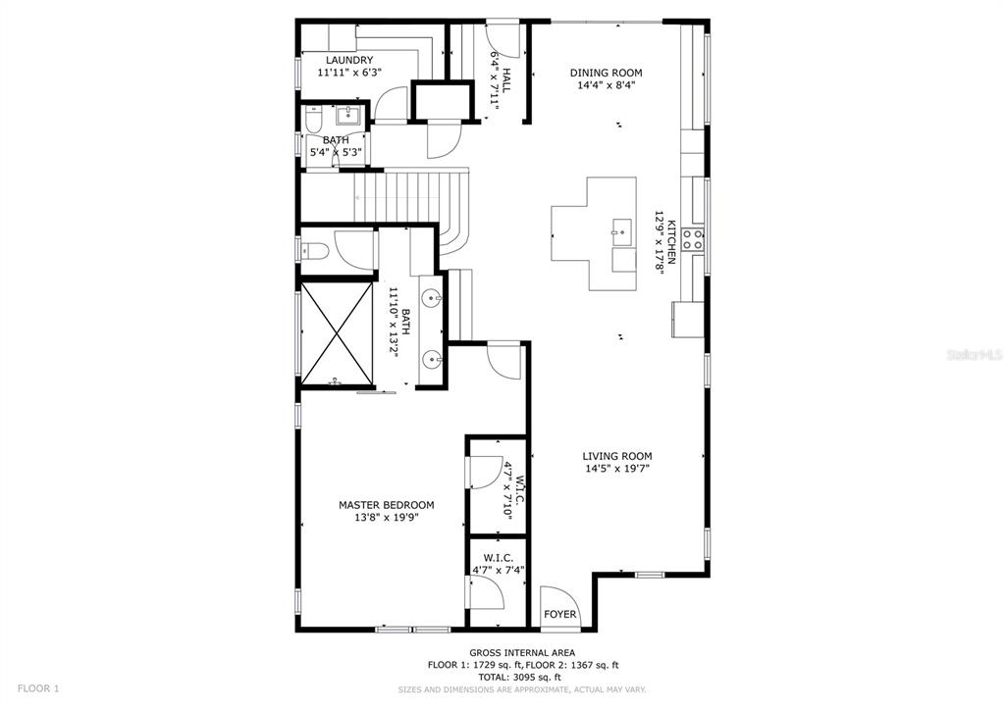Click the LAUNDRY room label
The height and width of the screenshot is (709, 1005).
pos(349,60)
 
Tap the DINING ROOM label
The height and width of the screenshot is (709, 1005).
pos(606,73)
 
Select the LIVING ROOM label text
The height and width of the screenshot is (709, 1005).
pos(616,456)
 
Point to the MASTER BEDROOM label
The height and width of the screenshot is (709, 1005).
pos(386,505)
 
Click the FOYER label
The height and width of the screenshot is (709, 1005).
pos(561,615)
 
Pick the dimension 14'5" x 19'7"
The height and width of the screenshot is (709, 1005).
pos(616,469)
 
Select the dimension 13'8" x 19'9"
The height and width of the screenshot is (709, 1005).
pos(386,518)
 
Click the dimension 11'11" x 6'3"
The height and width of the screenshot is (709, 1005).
pos(349,73)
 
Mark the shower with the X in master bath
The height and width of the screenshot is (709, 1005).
pos(337,334)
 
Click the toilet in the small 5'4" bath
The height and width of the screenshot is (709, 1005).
pos(313,121)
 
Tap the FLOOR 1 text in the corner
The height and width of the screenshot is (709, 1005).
pos(38,688)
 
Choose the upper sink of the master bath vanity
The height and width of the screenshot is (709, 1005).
pos(432,295)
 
